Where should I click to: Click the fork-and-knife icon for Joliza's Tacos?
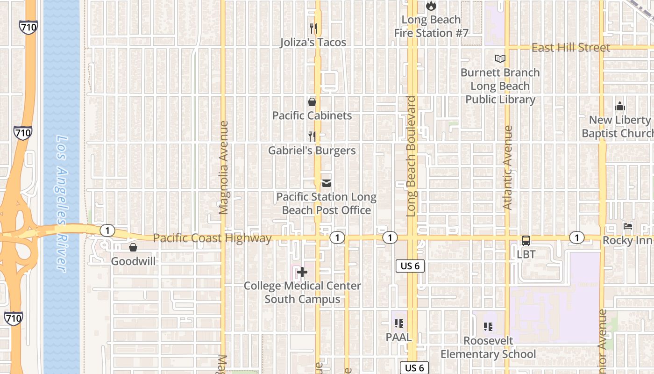[313, 29]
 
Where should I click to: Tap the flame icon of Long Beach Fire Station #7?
[431, 6]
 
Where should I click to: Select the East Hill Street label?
[571, 48]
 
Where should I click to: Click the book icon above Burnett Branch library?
[500, 59]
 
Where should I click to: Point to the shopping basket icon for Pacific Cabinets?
[312, 102]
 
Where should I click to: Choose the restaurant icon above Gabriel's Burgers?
[312, 137]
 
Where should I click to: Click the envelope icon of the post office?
[327, 183]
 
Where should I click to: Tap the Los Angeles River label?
[63, 203]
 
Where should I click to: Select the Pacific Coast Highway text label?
[212, 238]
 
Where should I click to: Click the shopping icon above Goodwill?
[133, 247]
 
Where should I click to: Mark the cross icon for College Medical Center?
[302, 272]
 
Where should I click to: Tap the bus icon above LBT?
[526, 241]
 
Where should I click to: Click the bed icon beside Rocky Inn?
[628, 227]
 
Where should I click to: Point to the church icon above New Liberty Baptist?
[619, 106]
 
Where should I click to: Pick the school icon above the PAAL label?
[398, 323]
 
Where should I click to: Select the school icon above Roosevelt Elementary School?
[488, 327]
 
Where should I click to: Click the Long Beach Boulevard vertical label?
[411, 157]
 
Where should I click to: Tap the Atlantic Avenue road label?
[508, 167]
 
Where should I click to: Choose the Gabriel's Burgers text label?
[312, 151]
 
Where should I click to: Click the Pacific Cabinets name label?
[312, 115]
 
